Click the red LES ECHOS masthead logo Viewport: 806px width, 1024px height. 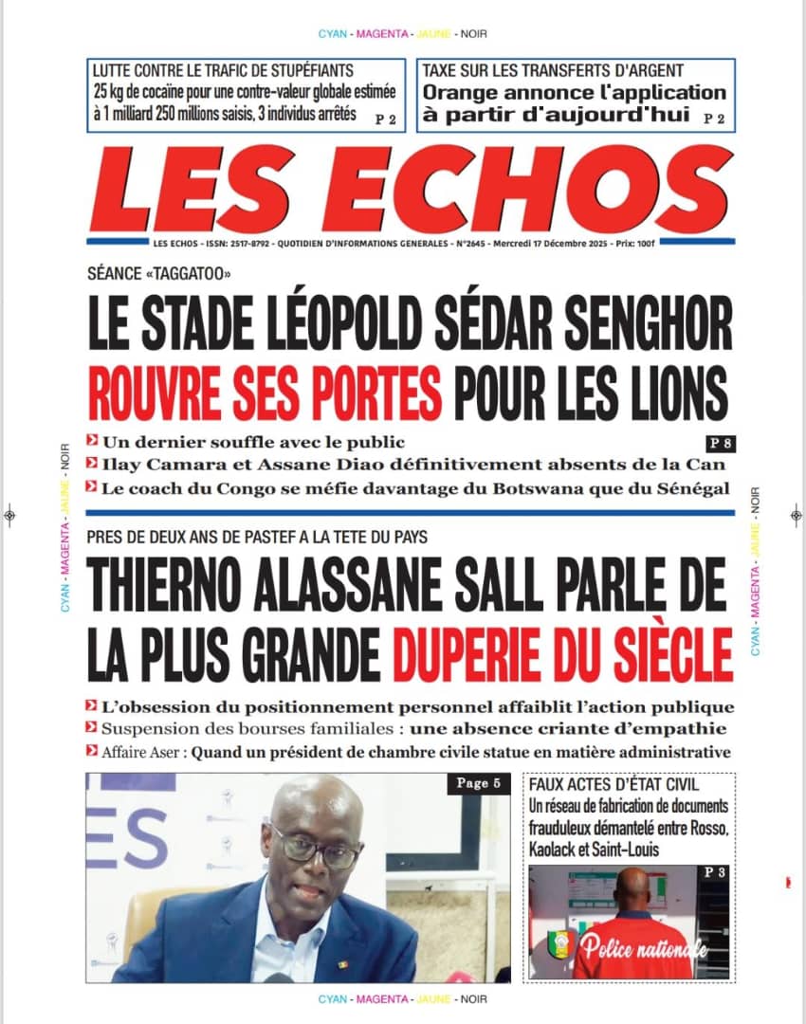click(412, 191)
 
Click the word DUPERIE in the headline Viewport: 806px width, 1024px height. click(474, 650)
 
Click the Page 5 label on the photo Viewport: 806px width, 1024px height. click(478, 783)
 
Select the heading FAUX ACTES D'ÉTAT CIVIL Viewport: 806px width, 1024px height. click(615, 785)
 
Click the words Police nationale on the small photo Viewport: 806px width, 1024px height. click(645, 946)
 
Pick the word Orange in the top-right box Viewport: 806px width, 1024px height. click(458, 93)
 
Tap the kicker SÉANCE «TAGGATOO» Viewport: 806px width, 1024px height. click(158, 275)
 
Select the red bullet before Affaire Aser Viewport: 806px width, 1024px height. click(91, 752)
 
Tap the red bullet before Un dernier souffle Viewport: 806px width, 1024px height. click(91, 441)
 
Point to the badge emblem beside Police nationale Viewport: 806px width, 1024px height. click(559, 944)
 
